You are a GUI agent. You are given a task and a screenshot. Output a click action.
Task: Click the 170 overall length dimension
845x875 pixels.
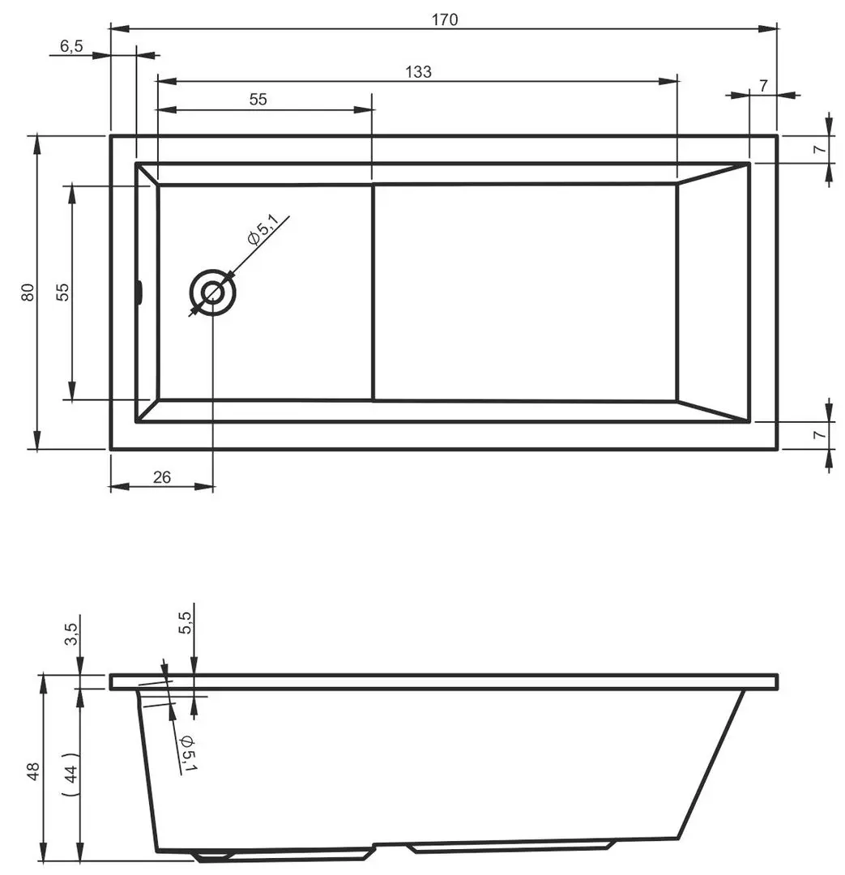tap(445, 19)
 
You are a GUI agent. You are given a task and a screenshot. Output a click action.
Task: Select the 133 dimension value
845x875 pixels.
tap(418, 71)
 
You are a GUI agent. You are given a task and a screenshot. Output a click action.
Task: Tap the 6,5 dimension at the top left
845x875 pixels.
tap(71, 46)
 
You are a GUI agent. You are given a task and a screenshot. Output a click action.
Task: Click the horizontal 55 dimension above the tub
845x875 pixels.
tap(258, 100)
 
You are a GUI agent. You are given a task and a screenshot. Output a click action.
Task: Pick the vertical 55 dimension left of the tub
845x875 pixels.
tap(62, 292)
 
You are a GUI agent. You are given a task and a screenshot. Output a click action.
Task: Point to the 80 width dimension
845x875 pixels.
tap(28, 292)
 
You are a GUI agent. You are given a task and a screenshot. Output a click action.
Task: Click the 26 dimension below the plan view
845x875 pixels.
tap(162, 477)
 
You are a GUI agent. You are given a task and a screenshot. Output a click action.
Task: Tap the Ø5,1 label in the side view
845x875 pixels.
tap(187, 752)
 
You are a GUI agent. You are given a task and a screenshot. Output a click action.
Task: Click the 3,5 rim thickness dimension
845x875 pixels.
tap(70, 632)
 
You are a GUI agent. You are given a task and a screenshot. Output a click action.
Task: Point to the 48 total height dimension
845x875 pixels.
tap(33, 770)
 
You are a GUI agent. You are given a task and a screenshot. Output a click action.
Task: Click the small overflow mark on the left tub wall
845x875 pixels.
tap(139, 292)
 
